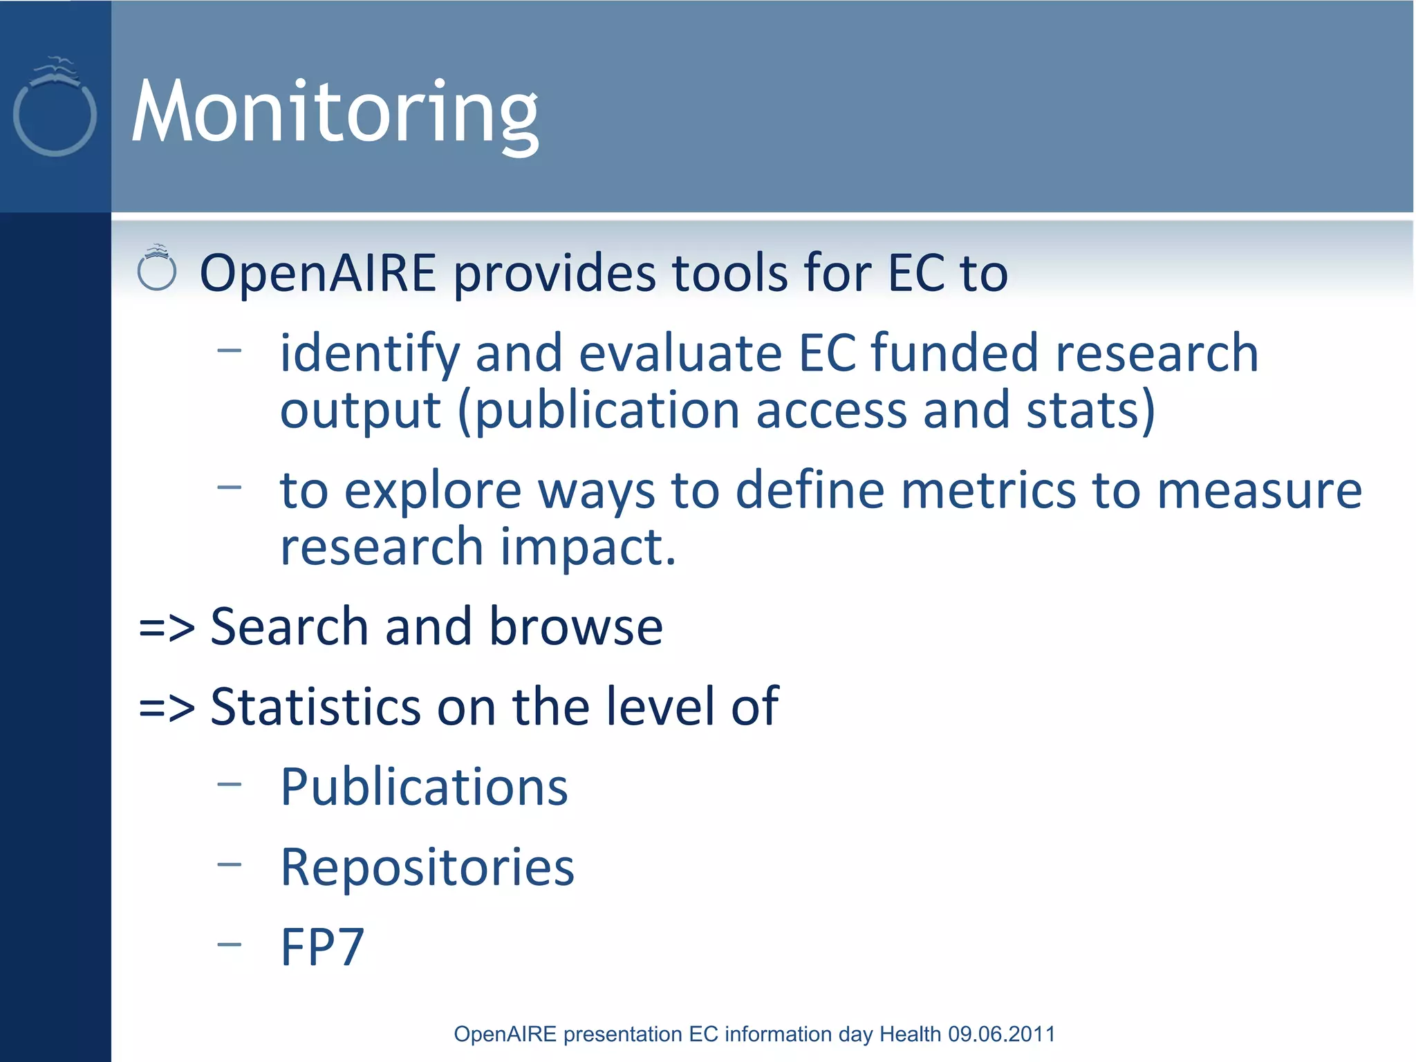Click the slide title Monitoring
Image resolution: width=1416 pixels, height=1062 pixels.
[x=335, y=112]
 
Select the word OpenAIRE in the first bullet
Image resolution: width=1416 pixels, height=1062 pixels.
[x=318, y=273]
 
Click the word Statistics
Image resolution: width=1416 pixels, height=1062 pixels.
[x=315, y=707]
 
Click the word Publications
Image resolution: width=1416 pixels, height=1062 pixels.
[x=424, y=788]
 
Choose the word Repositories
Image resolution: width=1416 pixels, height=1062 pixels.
[x=427, y=868]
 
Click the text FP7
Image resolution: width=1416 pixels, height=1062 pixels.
[x=322, y=947]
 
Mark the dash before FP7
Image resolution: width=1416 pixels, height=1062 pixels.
[x=229, y=944]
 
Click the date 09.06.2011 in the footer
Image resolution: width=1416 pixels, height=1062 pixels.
[x=1001, y=1034]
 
